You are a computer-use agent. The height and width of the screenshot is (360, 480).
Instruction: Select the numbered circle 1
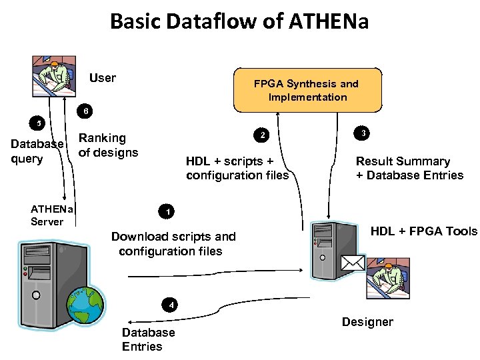pos(168,212)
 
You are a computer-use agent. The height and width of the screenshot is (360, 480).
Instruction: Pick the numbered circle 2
pos(263,135)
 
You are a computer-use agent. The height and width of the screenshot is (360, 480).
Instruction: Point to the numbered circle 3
pos(361,133)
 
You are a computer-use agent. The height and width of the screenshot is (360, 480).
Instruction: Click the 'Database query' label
pos(37,151)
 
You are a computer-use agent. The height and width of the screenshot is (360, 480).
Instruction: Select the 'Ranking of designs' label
pos(108,145)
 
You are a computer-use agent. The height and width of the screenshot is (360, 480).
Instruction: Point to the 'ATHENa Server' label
pos(51,215)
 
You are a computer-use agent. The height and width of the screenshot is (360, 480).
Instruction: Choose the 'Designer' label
pos(367,322)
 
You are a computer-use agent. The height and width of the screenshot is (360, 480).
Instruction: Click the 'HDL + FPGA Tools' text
pos(424,231)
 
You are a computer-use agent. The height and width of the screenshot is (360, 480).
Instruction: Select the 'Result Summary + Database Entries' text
pos(409,168)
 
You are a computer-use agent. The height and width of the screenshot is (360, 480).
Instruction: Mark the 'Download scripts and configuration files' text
pos(173,243)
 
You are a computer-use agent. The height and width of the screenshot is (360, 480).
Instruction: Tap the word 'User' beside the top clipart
pos(103,78)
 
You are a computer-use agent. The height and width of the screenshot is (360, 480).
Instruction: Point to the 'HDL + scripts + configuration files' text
pos(237,168)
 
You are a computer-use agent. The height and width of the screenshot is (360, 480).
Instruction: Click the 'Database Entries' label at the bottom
pos(148,339)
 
